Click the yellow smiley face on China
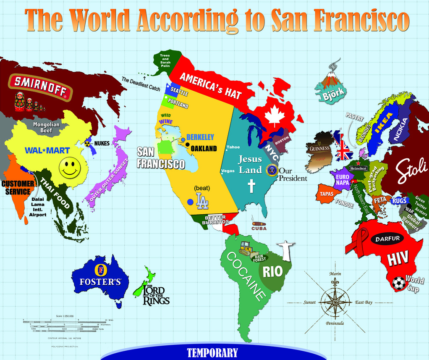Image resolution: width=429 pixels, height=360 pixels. tap(70, 168)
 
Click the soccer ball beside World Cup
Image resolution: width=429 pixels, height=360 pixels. tap(398, 284)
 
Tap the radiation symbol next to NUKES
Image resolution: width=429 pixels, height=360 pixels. tap(89, 143)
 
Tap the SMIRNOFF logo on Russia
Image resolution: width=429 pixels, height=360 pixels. tap(41, 87)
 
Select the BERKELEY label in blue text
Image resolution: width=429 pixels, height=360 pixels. tap(200, 137)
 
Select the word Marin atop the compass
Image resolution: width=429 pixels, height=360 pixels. tap(335, 274)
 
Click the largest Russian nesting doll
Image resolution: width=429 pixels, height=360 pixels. tap(19, 101)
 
